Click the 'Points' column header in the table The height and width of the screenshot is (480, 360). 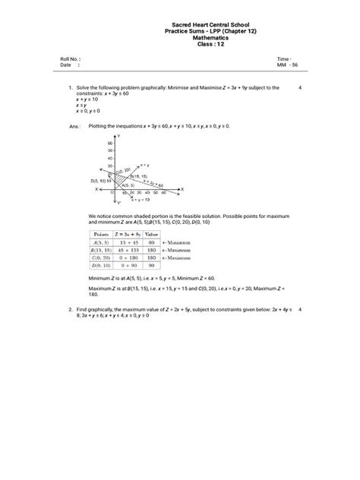tap(101, 235)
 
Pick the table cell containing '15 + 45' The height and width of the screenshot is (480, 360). tap(127, 242)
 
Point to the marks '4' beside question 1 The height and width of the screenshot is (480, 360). tap(301, 88)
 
